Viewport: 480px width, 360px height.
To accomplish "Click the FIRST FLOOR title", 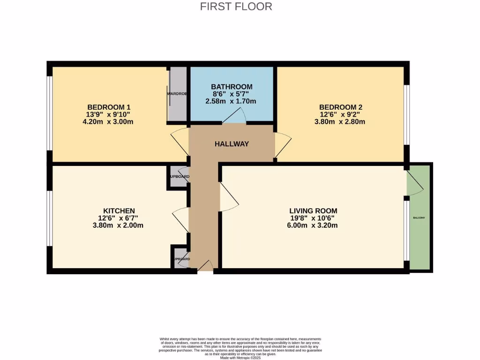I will (x=236, y=7).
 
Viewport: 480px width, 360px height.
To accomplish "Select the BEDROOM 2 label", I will (x=341, y=106).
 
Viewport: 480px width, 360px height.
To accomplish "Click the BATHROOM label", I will (x=232, y=87).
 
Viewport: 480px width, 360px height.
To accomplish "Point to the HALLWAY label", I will (x=232, y=144).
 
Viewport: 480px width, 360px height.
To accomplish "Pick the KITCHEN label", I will (x=119, y=210).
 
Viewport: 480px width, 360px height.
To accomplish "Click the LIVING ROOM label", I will (x=314, y=210).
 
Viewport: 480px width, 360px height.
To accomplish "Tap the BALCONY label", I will (x=419, y=218).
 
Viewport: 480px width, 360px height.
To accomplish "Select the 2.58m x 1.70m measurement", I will (x=231, y=101).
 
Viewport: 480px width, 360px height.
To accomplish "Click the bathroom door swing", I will (x=234, y=116).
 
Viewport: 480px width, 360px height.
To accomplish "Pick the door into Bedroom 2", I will (x=283, y=143).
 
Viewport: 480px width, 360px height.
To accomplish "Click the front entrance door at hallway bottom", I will (x=205, y=266).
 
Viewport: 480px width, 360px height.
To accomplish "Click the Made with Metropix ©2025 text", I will (x=240, y=357).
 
